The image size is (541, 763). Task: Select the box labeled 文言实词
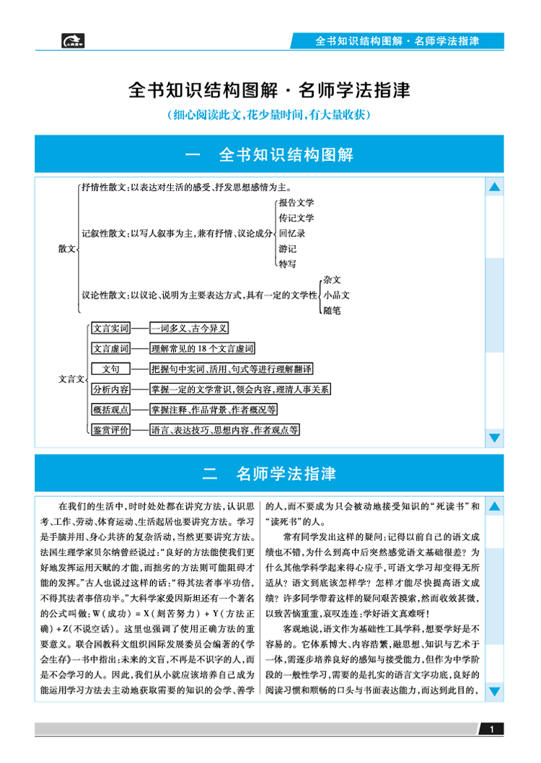[111, 328]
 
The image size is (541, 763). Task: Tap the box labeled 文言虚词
[111, 348]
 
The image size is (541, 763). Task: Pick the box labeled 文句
[111, 369]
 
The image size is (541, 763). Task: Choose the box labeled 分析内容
[111, 389]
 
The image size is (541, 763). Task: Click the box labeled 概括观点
[111, 410]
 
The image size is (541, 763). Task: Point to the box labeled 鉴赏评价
[111, 430]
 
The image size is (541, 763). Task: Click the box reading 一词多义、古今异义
[189, 328]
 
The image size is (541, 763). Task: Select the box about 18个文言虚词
[203, 348]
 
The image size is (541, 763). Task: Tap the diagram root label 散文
[67, 248]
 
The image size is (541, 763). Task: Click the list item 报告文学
[296, 203]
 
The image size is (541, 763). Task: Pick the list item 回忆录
[292, 233]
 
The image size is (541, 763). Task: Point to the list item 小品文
[337, 295]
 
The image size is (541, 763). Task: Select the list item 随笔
[333, 310]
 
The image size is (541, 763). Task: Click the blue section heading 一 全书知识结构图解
[269, 154]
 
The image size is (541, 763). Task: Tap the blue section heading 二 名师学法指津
[269, 474]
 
